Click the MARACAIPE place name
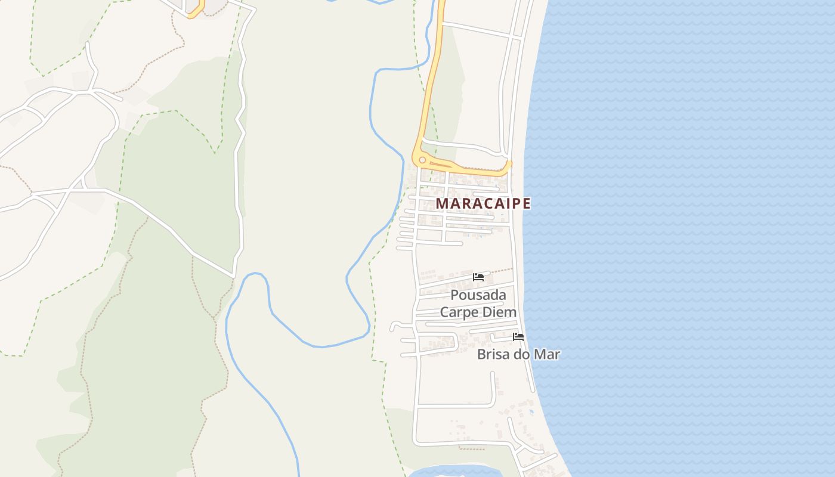(x=483, y=203)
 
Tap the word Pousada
(x=478, y=295)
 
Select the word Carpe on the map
(x=459, y=312)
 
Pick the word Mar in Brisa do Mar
(x=547, y=354)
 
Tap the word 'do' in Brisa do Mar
(x=521, y=354)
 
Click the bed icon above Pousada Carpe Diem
(x=478, y=277)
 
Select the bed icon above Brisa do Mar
(x=518, y=337)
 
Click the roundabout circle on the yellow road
(x=422, y=160)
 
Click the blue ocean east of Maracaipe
(x=686, y=209)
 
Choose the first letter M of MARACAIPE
(x=441, y=203)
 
